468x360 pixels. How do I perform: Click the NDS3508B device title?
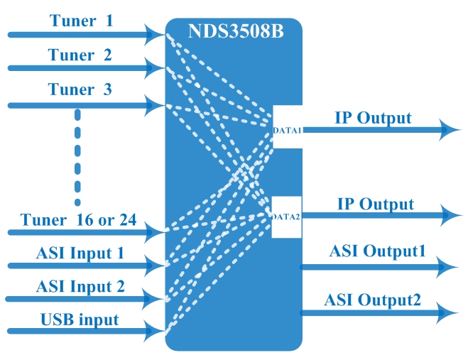click(234, 33)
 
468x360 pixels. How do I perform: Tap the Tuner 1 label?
click(81, 21)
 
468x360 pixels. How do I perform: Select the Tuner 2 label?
click(80, 55)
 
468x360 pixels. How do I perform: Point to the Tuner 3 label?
click(80, 90)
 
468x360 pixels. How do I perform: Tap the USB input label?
click(78, 320)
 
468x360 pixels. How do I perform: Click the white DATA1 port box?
click(288, 129)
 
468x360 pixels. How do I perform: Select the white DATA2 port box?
click(288, 217)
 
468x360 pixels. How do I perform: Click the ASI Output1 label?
click(377, 251)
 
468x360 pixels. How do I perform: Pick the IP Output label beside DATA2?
click(375, 204)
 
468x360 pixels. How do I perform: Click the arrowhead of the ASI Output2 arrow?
click(444, 311)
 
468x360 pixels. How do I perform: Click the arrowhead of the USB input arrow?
click(155, 330)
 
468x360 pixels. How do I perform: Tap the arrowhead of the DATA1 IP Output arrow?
click(449, 129)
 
